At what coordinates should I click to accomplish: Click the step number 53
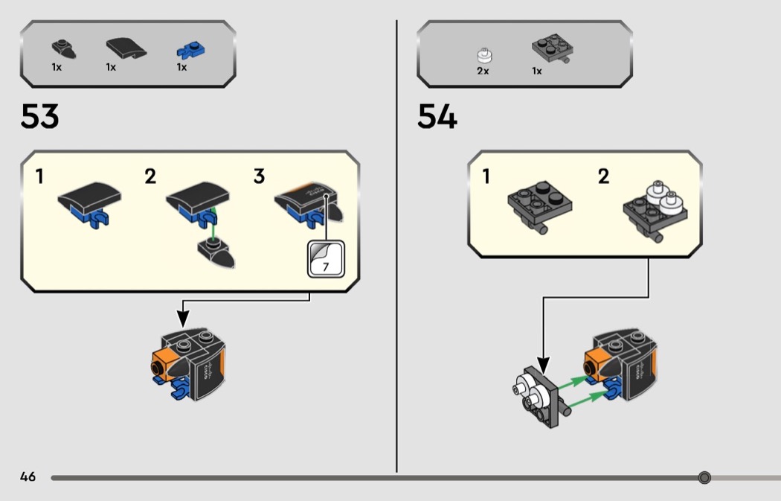(x=40, y=117)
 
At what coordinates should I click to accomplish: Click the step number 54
(x=437, y=117)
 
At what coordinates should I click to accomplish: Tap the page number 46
(x=28, y=477)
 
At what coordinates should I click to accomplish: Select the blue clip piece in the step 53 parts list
(x=190, y=50)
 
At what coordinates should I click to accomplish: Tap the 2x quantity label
(x=483, y=71)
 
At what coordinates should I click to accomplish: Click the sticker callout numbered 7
(x=326, y=258)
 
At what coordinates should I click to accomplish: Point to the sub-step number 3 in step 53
(x=259, y=177)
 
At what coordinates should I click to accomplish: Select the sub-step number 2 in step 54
(x=603, y=177)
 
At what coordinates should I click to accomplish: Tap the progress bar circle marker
(x=704, y=477)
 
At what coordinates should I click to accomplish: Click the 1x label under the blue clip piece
(x=181, y=67)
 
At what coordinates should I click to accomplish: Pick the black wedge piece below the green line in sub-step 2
(x=217, y=255)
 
